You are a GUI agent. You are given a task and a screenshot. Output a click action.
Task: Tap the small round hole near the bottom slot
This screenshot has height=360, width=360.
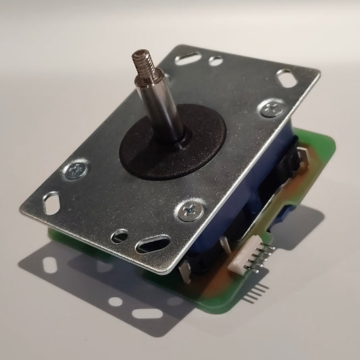[120, 236]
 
